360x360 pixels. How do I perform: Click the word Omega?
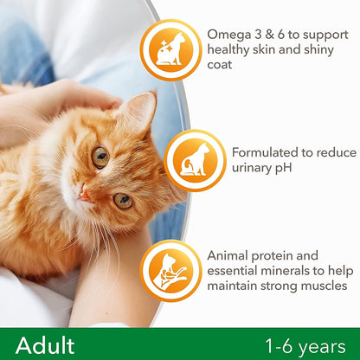(x=228, y=34)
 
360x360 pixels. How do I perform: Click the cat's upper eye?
(x=100, y=157)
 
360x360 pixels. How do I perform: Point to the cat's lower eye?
(x=122, y=200)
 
